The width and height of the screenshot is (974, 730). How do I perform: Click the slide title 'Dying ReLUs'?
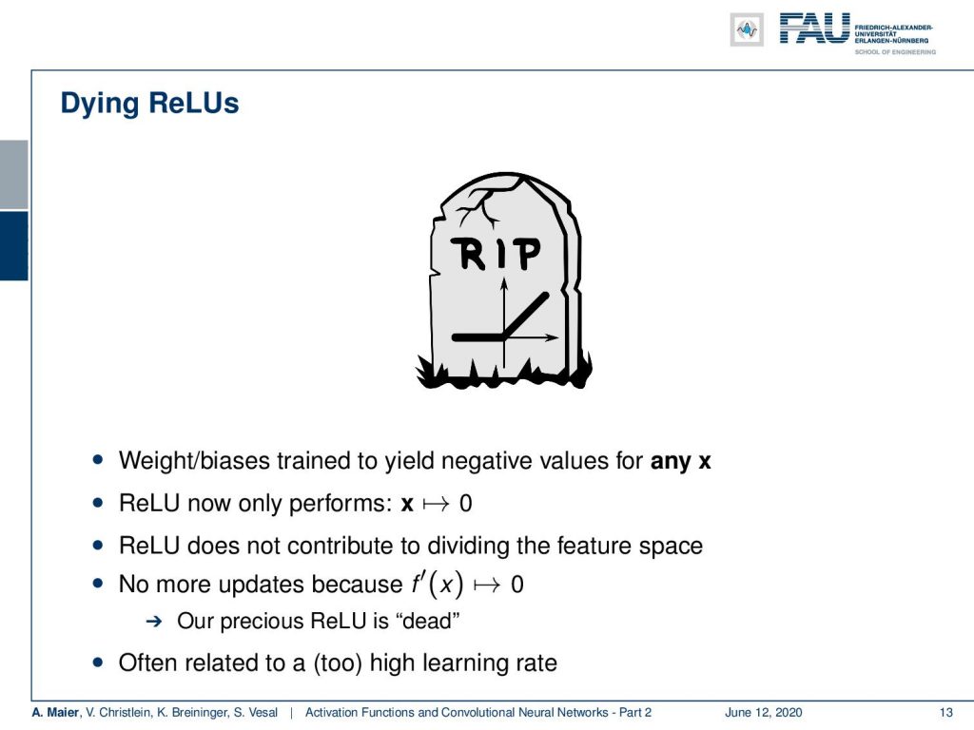149,104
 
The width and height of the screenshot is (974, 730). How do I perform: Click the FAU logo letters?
814,29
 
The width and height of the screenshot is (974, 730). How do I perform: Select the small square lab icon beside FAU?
747,29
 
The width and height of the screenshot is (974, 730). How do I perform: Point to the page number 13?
945,712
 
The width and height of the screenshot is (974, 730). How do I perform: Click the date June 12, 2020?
763,712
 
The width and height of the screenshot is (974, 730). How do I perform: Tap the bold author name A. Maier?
56,712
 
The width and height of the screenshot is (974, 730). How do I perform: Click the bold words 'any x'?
680,461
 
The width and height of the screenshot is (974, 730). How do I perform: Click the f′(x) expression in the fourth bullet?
438,584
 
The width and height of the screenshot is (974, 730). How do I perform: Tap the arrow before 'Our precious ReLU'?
153,621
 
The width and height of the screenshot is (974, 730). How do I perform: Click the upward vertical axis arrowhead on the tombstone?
504,283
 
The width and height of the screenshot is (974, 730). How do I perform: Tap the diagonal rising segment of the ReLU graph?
525,316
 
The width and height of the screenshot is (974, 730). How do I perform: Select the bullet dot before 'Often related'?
98,663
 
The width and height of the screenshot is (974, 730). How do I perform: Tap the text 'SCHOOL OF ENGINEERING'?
894,52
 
